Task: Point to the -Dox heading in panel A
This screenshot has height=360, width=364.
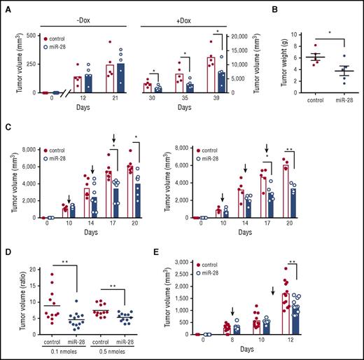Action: click(81, 8)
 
